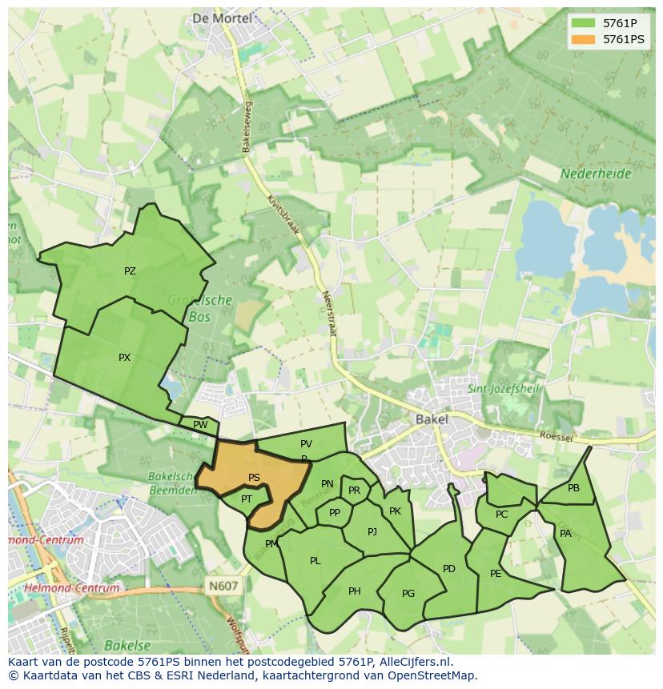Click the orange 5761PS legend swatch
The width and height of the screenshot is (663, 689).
click(x=584, y=39)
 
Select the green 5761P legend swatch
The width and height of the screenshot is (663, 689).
click(x=584, y=23)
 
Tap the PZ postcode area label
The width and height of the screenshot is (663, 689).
click(x=130, y=271)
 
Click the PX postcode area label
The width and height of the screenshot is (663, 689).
click(x=124, y=358)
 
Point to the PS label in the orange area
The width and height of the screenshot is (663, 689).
click(x=254, y=478)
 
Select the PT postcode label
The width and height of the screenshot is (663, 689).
click(x=247, y=499)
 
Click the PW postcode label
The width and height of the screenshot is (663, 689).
click(x=200, y=425)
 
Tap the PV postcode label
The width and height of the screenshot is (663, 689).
click(x=306, y=444)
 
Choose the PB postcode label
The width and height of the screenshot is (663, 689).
click(x=573, y=488)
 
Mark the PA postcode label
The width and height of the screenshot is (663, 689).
click(x=565, y=534)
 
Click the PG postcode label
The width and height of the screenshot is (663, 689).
click(x=408, y=593)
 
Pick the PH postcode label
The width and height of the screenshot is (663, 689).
click(x=354, y=591)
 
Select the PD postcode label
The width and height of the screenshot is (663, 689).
click(x=448, y=569)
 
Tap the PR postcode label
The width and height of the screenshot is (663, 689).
click(x=354, y=491)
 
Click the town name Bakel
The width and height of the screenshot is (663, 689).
click(x=432, y=419)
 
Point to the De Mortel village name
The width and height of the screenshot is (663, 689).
click(x=222, y=18)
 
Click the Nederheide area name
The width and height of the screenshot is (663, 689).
click(x=596, y=174)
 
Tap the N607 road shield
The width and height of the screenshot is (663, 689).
click(x=223, y=586)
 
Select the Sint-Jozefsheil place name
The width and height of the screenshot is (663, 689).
click(x=504, y=390)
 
